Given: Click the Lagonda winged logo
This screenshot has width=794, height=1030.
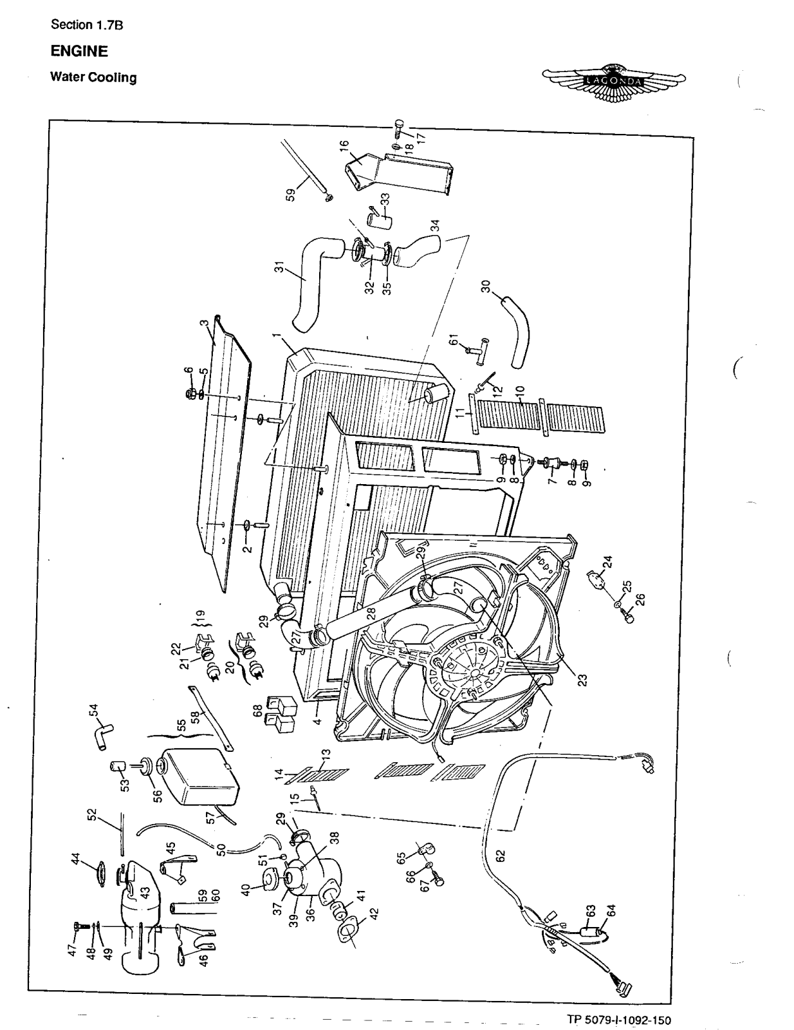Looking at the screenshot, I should (x=614, y=82).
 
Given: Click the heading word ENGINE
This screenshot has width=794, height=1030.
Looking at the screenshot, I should (x=79, y=51).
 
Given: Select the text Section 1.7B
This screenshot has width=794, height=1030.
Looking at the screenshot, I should (x=86, y=25).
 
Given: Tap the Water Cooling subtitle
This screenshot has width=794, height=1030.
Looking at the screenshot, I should (x=93, y=78).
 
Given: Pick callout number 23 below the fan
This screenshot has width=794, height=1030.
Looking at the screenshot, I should (x=582, y=681).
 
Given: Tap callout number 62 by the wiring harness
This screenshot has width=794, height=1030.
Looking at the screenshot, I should (x=501, y=856).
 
